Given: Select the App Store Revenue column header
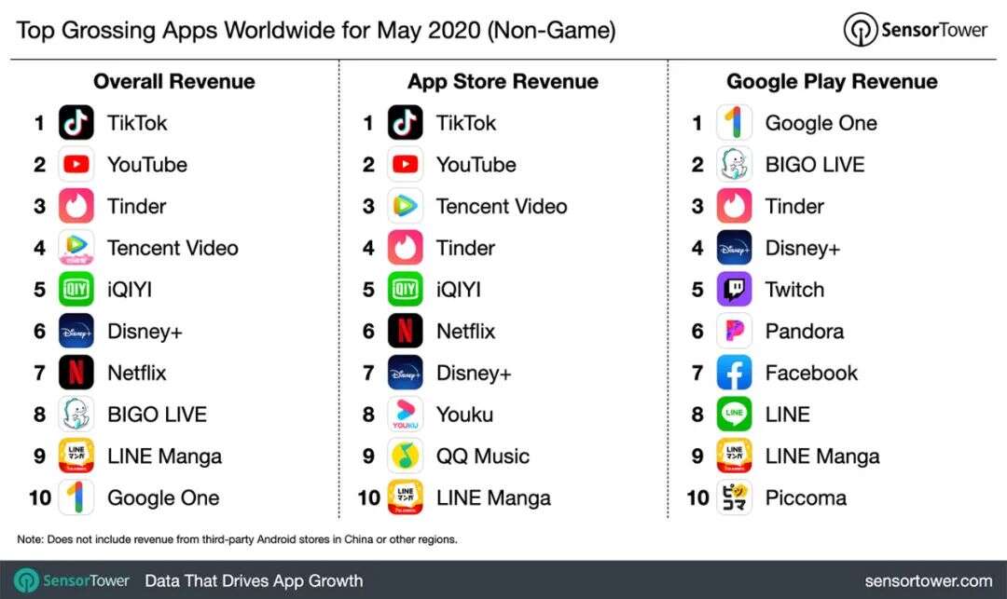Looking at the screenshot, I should (x=503, y=82).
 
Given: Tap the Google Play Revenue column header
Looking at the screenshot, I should (x=832, y=82).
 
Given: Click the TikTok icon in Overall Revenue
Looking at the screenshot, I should (x=76, y=123).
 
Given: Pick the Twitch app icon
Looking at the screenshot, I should (x=734, y=290).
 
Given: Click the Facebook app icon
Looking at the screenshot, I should (x=734, y=373).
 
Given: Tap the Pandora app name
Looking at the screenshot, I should (x=804, y=331).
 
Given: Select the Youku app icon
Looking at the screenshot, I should (x=405, y=415).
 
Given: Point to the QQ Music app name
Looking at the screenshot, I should (x=482, y=456).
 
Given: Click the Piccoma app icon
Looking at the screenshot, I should (x=734, y=497).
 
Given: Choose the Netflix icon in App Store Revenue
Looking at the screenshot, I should (x=405, y=331).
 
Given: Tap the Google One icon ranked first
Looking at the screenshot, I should (x=734, y=123).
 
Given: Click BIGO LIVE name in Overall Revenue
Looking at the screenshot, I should (x=157, y=415).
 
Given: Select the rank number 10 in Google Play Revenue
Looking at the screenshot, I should (x=697, y=497).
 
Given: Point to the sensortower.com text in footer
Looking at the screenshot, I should (x=928, y=580).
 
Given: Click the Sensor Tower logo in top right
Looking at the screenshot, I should (x=915, y=30).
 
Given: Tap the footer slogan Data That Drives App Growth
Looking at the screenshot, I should (x=254, y=580).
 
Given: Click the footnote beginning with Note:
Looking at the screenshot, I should (x=237, y=539).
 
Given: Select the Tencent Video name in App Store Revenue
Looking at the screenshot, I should (x=502, y=206).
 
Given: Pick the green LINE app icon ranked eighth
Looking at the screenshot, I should (x=734, y=415).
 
